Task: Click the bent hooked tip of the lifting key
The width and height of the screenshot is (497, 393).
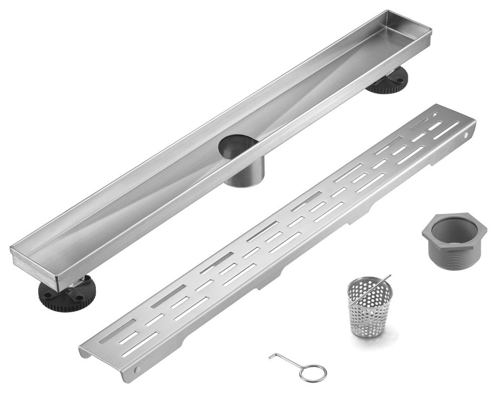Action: coord(272,356)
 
